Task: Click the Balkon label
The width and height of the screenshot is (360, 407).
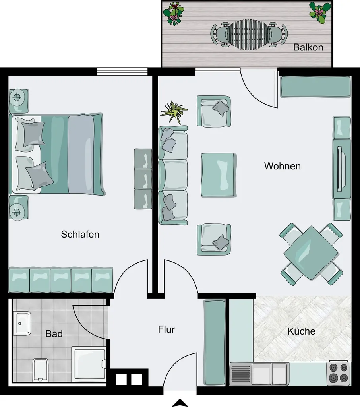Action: click(308, 47)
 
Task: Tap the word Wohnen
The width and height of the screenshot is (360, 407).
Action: click(283, 166)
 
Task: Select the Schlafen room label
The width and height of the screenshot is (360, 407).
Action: click(80, 234)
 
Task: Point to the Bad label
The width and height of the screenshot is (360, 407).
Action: click(54, 333)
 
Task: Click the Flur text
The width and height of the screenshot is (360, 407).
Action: click(166, 329)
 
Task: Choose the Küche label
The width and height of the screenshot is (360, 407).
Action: click(301, 331)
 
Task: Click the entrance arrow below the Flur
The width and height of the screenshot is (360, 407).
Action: click(180, 403)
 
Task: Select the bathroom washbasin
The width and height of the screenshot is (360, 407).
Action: click(22, 323)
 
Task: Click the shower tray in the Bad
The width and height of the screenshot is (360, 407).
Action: click(89, 364)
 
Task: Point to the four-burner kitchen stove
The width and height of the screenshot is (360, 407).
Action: click(339, 373)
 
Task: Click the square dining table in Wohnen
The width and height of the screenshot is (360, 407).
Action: click(311, 253)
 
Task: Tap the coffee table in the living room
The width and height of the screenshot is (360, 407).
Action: click(219, 175)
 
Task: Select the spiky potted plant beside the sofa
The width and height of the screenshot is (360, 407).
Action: click(174, 112)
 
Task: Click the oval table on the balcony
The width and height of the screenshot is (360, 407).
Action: click(249, 34)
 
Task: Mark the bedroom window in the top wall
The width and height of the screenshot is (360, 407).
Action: click(122, 72)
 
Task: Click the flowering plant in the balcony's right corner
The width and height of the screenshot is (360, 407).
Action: click(320, 12)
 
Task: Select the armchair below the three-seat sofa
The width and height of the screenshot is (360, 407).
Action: click(214, 239)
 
